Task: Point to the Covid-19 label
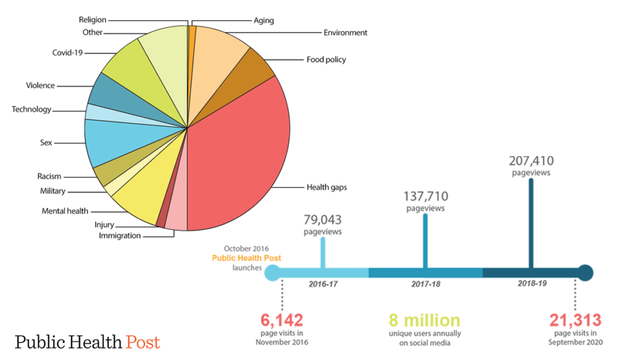(x=67, y=53)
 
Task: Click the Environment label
(x=345, y=33)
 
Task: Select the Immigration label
(x=119, y=235)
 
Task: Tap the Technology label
(x=32, y=110)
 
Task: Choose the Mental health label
(x=65, y=211)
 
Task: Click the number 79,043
(x=323, y=219)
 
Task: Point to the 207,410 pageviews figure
(x=531, y=161)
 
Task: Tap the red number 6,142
(x=282, y=320)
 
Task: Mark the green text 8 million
(x=425, y=320)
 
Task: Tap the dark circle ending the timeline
(x=585, y=273)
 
